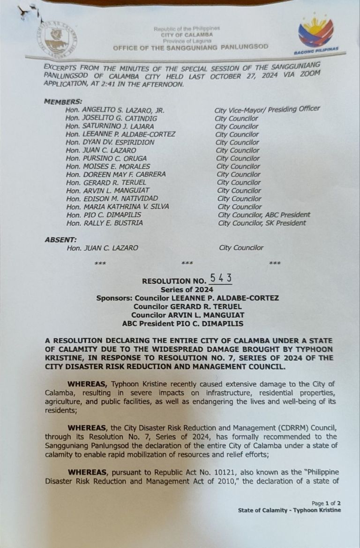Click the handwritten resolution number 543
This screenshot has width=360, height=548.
click(220, 279)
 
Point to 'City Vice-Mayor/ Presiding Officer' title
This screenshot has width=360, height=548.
click(267, 109)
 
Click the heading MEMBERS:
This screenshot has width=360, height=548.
click(63, 102)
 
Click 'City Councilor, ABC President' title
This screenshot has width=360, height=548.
click(264, 215)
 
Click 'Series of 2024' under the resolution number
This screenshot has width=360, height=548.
click(187, 289)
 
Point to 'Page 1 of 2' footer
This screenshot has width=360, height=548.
click(326, 504)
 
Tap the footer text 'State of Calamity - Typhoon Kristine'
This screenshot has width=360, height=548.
click(289, 510)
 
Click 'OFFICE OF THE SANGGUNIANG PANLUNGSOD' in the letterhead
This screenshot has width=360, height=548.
click(191, 47)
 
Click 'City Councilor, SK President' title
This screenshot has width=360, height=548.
click(262, 223)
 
